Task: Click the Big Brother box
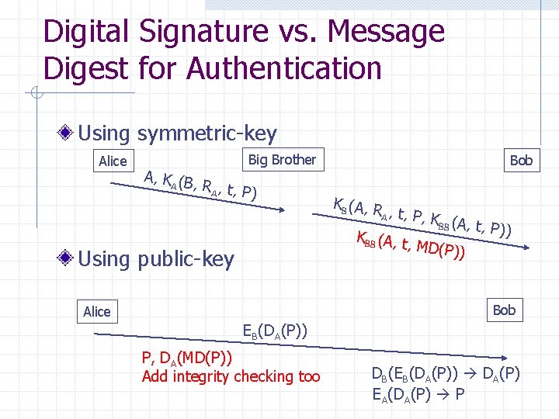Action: tap(282, 160)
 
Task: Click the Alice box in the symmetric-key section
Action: tap(113, 161)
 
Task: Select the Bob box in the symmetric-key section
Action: tap(521, 160)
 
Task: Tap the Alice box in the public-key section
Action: tap(97, 312)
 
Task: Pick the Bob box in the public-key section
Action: tap(504, 310)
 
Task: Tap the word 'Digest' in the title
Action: tap(85, 68)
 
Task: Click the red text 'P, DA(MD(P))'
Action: tap(186, 358)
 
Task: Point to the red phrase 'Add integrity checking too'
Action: tap(231, 377)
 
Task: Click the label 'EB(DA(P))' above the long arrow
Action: tap(275, 332)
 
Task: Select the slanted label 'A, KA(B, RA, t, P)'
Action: tap(200, 184)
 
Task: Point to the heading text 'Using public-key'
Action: tap(156, 259)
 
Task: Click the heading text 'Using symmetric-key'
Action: tap(177, 134)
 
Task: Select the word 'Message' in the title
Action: tap(387, 32)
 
